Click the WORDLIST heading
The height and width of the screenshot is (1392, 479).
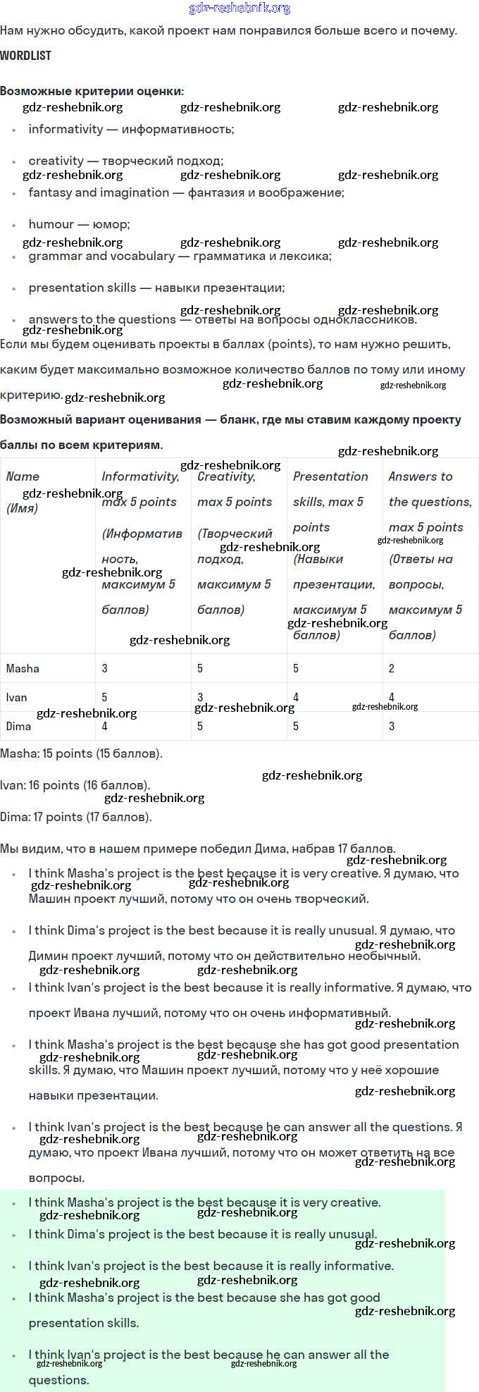click(x=26, y=56)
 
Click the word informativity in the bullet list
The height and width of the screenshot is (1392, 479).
click(x=66, y=129)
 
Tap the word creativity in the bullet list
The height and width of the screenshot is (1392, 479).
click(x=56, y=161)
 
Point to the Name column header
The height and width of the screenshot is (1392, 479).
click(x=23, y=476)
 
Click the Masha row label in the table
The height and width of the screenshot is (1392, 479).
click(x=23, y=668)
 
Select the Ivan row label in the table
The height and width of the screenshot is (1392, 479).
click(x=16, y=697)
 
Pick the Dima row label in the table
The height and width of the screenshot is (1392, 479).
click(x=18, y=726)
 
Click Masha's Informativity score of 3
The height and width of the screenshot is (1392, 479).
click(x=105, y=668)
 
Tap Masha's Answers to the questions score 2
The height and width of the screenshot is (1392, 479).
click(x=392, y=668)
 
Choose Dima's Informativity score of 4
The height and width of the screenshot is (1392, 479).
click(x=105, y=726)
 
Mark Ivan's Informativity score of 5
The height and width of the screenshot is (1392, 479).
click(x=105, y=697)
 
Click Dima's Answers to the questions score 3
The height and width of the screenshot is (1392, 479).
click(x=392, y=726)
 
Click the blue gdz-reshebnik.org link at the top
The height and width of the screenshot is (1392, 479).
click(x=240, y=8)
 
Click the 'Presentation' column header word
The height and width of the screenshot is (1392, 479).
click(x=330, y=476)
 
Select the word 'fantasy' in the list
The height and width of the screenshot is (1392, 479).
click(x=49, y=192)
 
